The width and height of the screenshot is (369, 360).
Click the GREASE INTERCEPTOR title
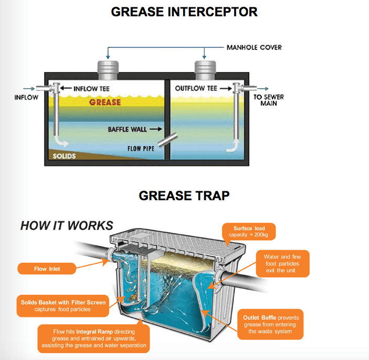point(184,11)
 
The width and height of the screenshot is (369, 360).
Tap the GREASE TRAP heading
point(184,196)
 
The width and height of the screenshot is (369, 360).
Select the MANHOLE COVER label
point(254,47)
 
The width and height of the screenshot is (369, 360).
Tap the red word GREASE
point(104,102)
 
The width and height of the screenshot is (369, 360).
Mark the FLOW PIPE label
point(141,148)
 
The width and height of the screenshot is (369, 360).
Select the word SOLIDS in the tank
point(64,156)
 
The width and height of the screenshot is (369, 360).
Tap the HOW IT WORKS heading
point(67,225)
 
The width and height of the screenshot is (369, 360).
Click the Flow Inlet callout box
point(47,269)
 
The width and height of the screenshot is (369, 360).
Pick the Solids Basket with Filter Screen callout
point(63,305)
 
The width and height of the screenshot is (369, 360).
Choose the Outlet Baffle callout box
point(266,324)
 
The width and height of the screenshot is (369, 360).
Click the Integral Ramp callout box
point(93,338)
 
